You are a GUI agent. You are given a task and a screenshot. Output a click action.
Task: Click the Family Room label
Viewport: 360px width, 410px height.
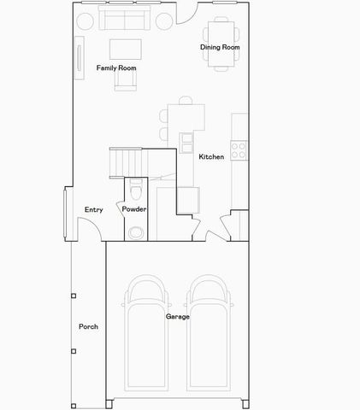tap(116, 67)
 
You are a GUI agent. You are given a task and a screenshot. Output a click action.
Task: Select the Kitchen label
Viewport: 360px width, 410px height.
tap(211, 157)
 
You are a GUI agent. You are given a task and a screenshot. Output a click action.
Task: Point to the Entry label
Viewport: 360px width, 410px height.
tap(94, 209)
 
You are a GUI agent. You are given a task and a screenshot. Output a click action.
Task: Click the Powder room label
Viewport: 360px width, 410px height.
tap(134, 209)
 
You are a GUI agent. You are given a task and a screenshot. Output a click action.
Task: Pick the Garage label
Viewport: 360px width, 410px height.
tap(178, 316)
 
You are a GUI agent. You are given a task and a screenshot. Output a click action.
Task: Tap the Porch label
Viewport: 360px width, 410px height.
tap(88, 327)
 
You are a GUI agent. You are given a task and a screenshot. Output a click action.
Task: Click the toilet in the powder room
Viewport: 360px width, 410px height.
tap(135, 231)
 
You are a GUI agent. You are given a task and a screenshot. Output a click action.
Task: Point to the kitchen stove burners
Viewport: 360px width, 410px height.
tap(239, 151)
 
